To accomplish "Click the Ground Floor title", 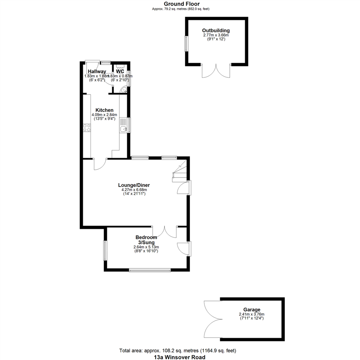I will point(180,4).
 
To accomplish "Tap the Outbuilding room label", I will point(216,31).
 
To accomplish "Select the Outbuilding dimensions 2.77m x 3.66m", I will point(216,35).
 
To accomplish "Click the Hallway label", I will point(97,71).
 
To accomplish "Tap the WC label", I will point(120,71).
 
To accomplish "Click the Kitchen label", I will point(104,110).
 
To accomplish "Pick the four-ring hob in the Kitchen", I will point(87,127).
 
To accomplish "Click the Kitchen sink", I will point(123,129).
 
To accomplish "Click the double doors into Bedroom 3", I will point(165,232).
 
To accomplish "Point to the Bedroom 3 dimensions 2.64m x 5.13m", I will point(146,247).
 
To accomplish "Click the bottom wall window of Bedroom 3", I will point(150,270).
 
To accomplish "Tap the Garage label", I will point(252,310).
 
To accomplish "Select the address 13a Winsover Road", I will point(180,357).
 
